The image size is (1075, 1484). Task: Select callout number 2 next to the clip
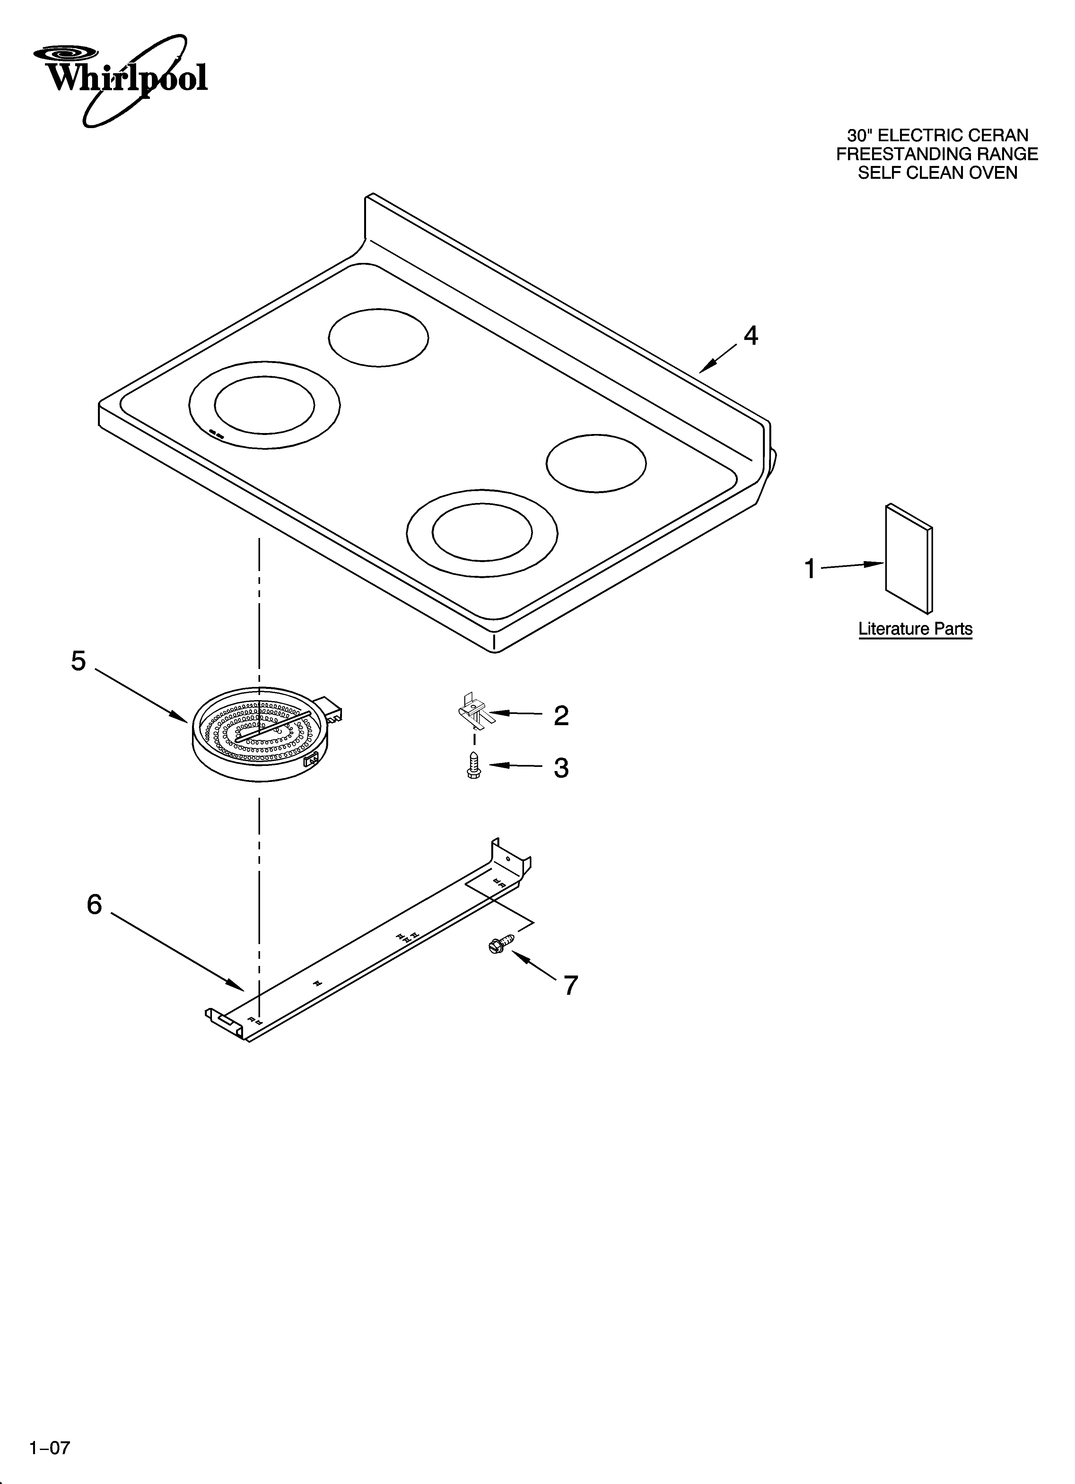(x=561, y=716)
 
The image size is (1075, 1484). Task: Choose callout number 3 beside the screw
(x=561, y=768)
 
